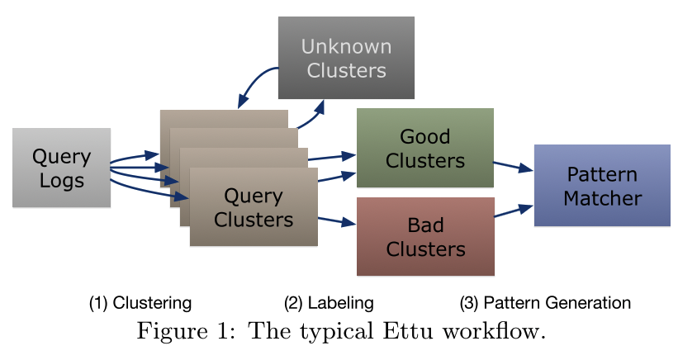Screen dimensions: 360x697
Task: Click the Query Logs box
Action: (61, 168)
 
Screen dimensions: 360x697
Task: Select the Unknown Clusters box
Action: (346, 58)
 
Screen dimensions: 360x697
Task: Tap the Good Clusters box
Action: (424, 148)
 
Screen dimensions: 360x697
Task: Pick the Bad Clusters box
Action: (425, 236)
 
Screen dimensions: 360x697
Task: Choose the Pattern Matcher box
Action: (602, 186)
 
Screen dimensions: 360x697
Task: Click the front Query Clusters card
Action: (254, 207)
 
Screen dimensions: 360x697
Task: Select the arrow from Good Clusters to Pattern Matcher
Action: (513, 166)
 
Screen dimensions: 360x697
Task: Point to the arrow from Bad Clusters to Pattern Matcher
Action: (513, 211)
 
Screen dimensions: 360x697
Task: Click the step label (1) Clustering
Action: (140, 303)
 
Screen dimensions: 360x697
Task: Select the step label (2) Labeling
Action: (329, 303)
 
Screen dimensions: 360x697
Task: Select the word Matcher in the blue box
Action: (603, 198)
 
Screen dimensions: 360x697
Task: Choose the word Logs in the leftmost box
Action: (61, 180)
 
